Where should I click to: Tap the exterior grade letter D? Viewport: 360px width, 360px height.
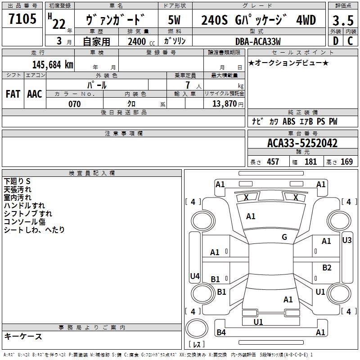click(335, 40)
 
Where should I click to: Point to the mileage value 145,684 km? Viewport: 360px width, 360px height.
click(53, 64)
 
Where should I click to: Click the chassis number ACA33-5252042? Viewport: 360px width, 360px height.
click(302, 144)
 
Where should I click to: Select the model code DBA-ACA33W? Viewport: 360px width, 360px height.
click(258, 41)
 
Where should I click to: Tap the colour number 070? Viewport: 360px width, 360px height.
click(74, 104)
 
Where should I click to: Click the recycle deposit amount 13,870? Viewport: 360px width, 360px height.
click(225, 104)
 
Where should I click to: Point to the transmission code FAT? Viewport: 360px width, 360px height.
click(13, 94)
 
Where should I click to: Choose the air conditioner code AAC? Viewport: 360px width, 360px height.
click(34, 94)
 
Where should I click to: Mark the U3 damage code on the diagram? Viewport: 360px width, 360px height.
click(346, 240)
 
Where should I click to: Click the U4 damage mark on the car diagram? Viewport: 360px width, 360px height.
click(194, 276)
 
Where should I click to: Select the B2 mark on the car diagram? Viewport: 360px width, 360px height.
click(327, 268)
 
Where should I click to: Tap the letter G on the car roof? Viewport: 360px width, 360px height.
click(284, 237)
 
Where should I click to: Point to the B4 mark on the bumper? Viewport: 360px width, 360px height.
click(221, 333)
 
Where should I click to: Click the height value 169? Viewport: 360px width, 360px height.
click(346, 162)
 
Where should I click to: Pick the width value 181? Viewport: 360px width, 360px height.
click(310, 162)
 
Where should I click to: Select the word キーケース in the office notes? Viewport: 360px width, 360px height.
click(23, 337)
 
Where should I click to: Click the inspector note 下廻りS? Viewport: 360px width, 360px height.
click(17, 181)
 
